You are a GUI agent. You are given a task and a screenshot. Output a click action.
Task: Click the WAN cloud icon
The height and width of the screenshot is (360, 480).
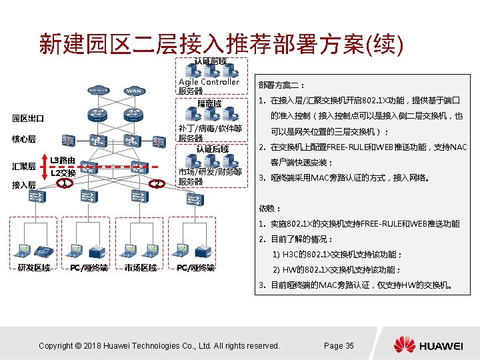pos(134,91)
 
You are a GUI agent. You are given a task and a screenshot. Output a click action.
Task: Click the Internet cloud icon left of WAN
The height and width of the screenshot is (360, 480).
pos(97,91)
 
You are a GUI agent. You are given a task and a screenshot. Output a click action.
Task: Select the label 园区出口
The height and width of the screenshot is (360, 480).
pos(28,119)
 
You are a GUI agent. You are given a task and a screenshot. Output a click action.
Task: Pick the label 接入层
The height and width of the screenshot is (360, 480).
pos(23,185)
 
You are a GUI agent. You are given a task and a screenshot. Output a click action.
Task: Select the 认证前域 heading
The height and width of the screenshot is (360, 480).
pos(210,62)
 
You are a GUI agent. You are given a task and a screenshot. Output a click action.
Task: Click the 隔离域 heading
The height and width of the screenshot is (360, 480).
pos(209,103)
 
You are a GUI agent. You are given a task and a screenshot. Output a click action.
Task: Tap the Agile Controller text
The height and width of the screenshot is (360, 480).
pos(209,82)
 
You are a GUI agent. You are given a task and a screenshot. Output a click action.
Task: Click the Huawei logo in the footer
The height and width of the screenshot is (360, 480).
pos(427,345)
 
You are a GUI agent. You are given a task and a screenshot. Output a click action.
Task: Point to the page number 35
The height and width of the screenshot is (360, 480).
pos(339,345)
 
